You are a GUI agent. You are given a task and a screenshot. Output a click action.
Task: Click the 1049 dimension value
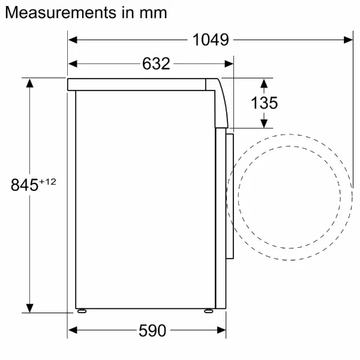(211, 40)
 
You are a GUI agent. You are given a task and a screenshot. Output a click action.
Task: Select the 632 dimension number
(156, 64)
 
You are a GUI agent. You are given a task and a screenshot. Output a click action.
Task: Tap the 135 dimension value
(264, 103)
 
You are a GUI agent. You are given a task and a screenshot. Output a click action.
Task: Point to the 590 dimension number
(152, 331)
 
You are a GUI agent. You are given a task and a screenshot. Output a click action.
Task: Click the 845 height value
(25, 185)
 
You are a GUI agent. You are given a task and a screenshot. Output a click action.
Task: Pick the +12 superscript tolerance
(47, 182)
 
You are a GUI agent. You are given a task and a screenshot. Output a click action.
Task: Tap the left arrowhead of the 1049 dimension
(73, 40)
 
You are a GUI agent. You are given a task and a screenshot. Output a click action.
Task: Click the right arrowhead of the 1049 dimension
(348, 40)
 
